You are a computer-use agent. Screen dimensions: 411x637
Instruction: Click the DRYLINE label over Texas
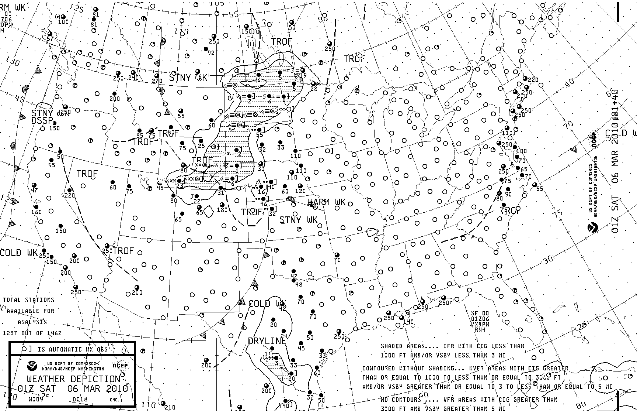point(267,341)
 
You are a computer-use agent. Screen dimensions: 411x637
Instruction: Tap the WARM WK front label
point(327,202)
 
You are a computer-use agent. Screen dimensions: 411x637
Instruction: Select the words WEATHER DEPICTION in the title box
point(73,379)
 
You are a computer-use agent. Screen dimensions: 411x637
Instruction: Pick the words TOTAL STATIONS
point(29,300)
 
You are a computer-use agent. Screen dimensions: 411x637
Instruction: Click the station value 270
point(157,81)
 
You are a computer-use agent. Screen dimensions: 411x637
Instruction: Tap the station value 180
point(222,210)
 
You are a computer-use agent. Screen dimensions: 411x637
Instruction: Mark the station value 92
point(211,53)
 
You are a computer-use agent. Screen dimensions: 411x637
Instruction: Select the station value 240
point(133,78)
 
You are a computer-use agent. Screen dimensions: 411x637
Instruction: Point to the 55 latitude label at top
point(234,15)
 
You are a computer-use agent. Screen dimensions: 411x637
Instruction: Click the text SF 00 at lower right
point(480,313)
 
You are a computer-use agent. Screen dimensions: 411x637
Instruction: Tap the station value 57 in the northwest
point(50,39)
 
